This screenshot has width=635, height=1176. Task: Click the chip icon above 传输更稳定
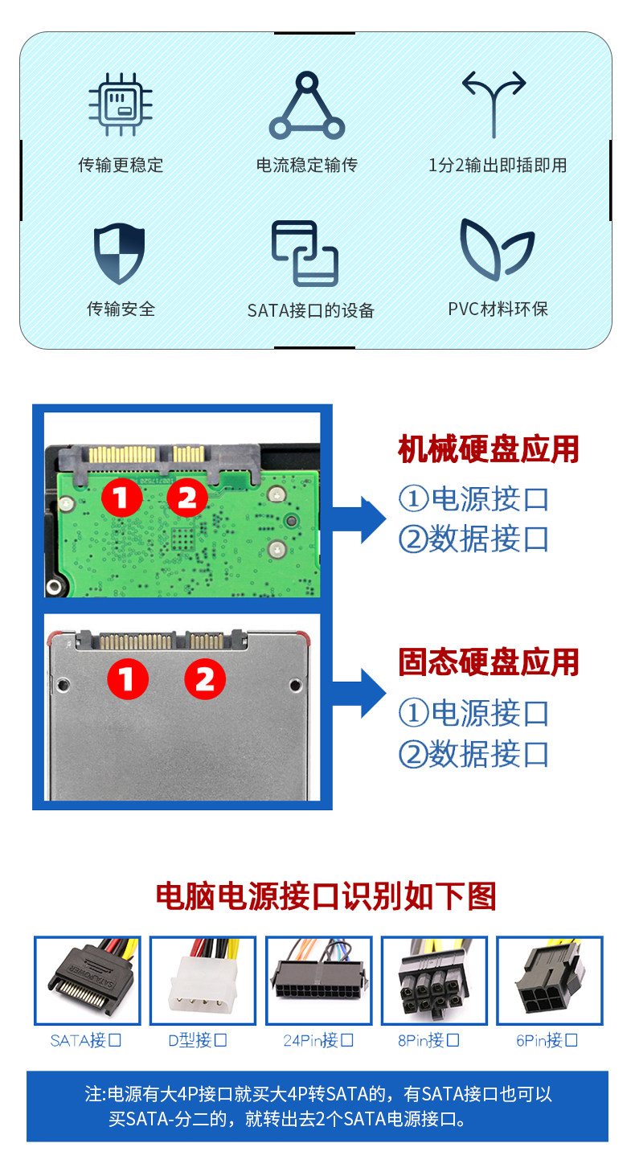(x=121, y=104)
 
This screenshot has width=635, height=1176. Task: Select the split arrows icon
(x=494, y=104)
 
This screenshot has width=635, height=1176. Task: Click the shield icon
(x=119, y=253)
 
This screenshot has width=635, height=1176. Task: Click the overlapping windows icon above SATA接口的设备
(x=305, y=253)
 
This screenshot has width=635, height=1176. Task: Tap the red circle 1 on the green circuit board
(x=121, y=498)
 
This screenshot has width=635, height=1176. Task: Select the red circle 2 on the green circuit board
(x=187, y=498)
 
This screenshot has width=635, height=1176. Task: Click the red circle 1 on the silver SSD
(x=128, y=678)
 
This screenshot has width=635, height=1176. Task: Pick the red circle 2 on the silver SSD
(x=205, y=678)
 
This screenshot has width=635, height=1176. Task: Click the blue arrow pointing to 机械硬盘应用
(x=359, y=519)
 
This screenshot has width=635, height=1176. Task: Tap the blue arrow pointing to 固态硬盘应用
(x=359, y=693)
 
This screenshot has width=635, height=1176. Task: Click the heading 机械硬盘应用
(x=488, y=449)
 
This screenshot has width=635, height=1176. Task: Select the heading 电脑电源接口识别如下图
(x=326, y=896)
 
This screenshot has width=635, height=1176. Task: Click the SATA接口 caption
(x=85, y=1040)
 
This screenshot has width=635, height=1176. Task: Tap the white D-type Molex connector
(x=200, y=984)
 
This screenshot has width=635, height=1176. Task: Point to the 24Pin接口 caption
(x=318, y=1040)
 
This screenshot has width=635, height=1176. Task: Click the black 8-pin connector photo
(x=433, y=981)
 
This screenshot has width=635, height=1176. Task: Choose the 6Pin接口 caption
(x=547, y=1040)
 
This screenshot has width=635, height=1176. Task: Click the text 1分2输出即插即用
(x=498, y=165)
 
